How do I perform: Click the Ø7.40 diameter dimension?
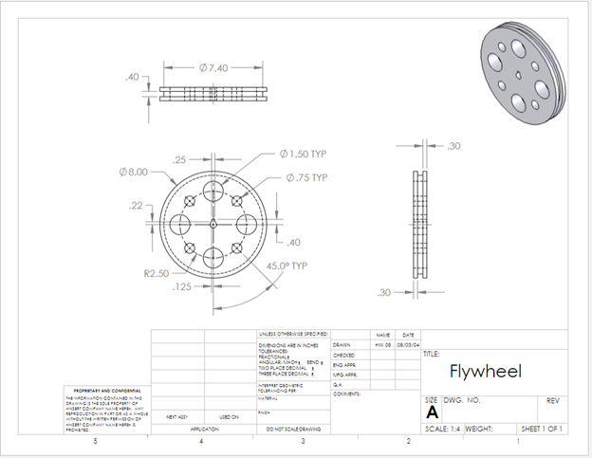click(213, 68)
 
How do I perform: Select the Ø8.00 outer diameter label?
click(134, 172)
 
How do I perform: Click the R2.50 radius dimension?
click(157, 273)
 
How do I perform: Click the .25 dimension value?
click(179, 160)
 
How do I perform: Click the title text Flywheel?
click(481, 371)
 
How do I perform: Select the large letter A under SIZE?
click(433, 413)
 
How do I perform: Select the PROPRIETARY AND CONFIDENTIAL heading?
click(106, 390)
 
